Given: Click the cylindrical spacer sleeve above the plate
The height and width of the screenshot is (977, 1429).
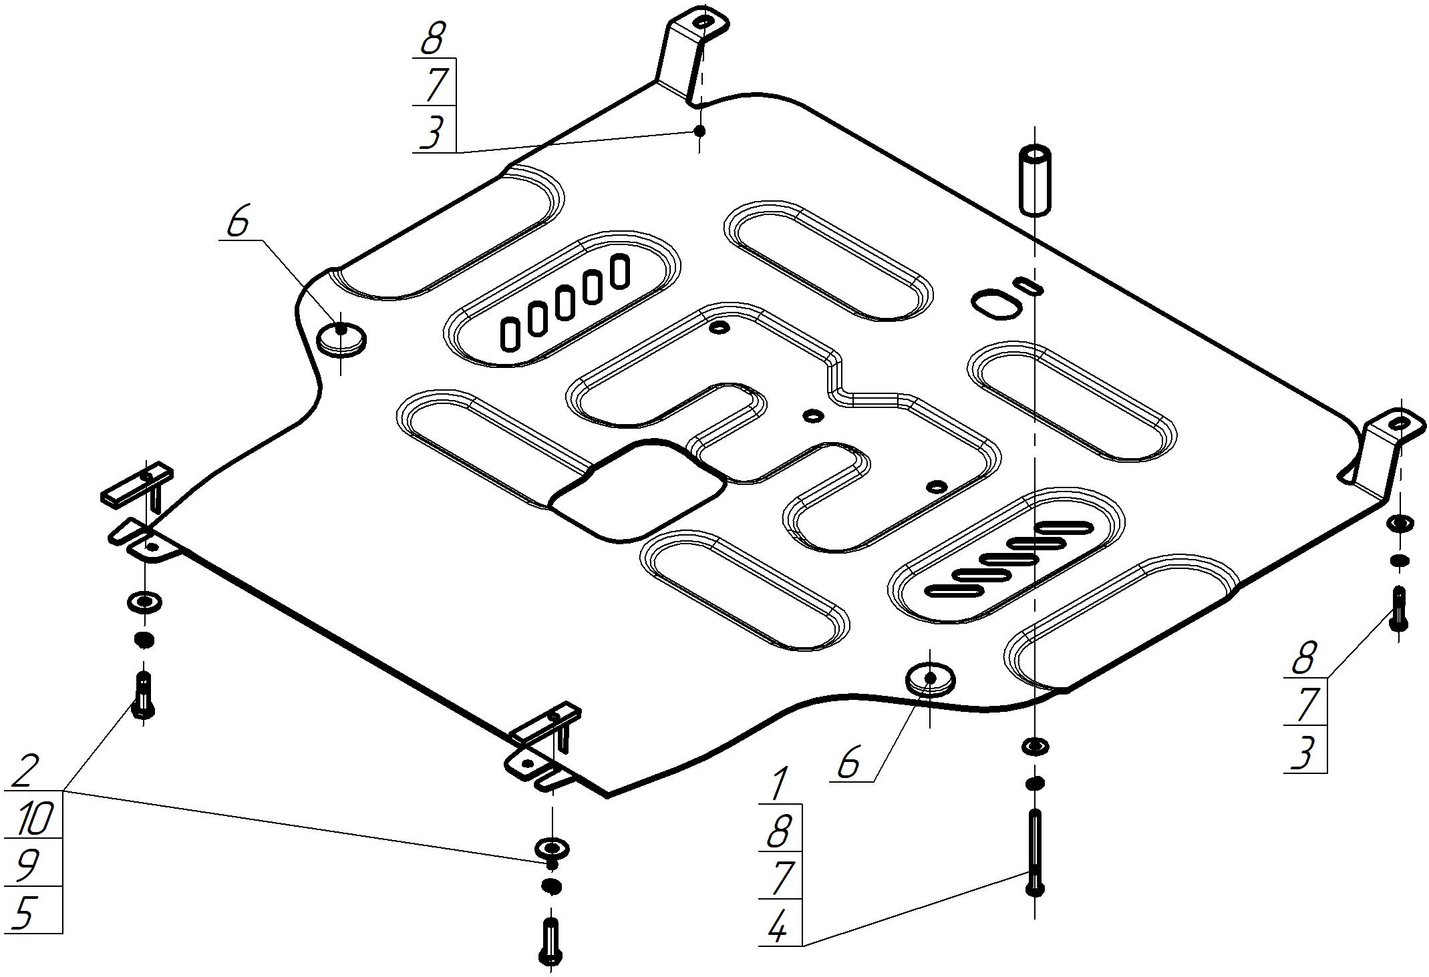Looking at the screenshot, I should pyautogui.click(x=1034, y=180).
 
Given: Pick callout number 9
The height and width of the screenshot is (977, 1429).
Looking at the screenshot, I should pyautogui.click(x=27, y=865).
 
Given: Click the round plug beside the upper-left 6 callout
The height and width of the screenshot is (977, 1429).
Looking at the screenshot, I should pyautogui.click(x=341, y=337).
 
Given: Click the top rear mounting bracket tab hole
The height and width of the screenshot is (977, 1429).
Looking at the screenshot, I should pyautogui.click(x=702, y=23).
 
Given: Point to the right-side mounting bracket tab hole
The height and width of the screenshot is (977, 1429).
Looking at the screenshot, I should pyautogui.click(x=1398, y=423).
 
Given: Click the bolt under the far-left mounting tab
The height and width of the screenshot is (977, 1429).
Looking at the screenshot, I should pyautogui.click(x=144, y=695).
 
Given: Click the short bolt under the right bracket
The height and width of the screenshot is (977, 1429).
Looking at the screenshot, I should pyautogui.click(x=1399, y=608).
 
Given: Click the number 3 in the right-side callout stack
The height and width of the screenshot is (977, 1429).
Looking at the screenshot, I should pyautogui.click(x=1303, y=753).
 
